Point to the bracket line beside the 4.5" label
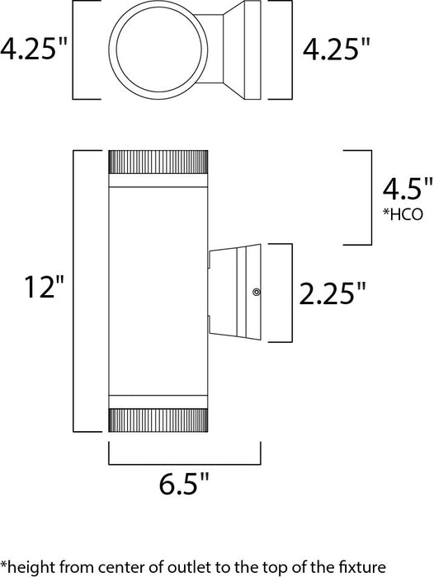click(x=367, y=198)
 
